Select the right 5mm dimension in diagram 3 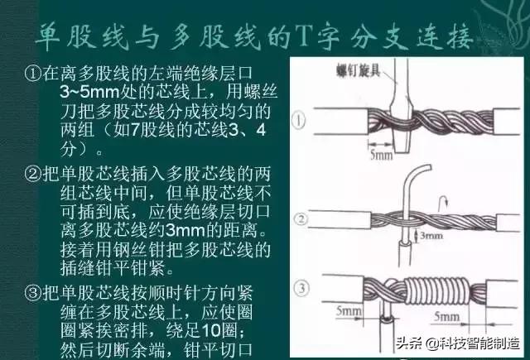coord(447,317)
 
